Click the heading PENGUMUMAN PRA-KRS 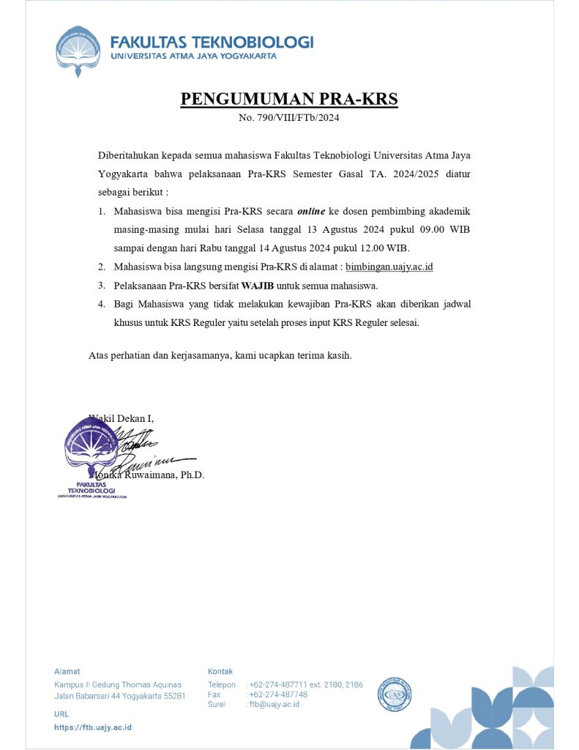point(288,99)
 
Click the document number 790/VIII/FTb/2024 point(288,117)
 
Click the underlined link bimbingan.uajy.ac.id point(389,267)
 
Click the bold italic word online point(310,211)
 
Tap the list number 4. point(102,304)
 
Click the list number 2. point(102,267)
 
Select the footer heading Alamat point(67,671)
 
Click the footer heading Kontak point(220,671)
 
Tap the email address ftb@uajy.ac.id point(274,705)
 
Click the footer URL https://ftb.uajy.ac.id point(93,727)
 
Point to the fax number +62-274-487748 point(277,694)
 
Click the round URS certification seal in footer point(395,694)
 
